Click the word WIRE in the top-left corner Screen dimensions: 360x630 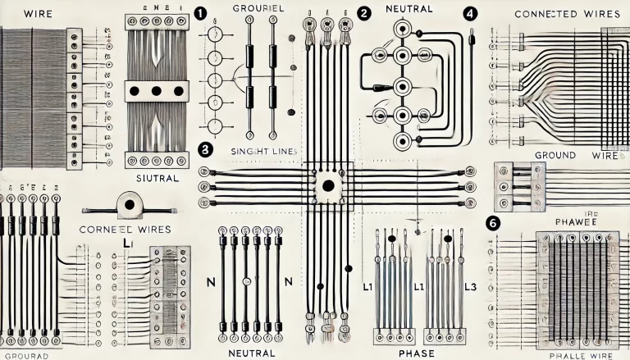click(x=21, y=15)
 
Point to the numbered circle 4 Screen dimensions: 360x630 click(x=469, y=13)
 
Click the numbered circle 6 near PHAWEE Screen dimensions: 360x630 click(x=493, y=223)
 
